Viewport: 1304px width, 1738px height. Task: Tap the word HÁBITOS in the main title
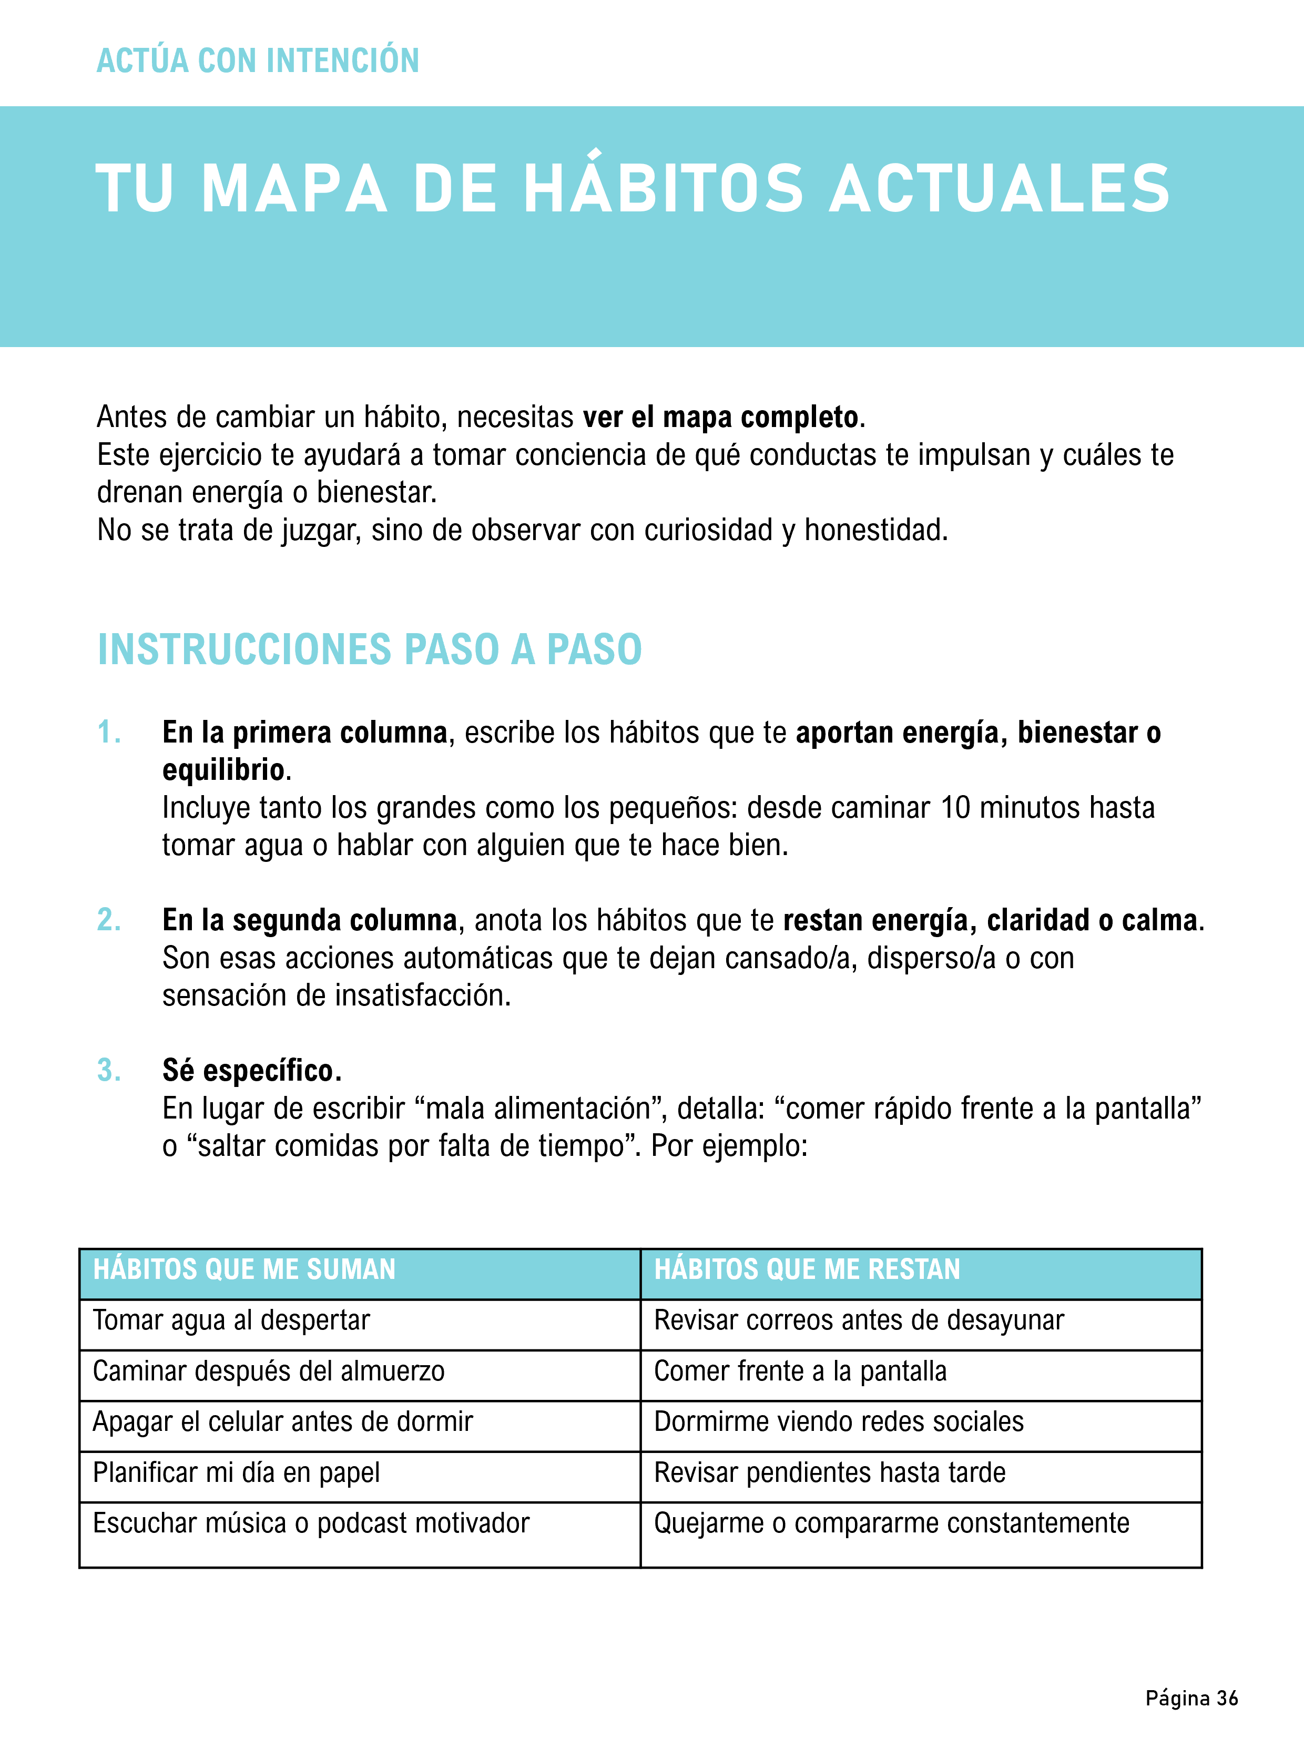(664, 189)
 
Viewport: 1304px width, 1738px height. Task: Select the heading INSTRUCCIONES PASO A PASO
(369, 650)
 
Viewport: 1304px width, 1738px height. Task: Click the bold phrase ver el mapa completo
(720, 417)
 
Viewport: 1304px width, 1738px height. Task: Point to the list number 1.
(109, 733)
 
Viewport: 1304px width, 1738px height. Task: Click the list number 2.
(109, 920)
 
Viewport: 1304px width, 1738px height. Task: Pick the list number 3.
(109, 1070)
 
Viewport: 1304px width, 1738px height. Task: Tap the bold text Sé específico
(251, 1071)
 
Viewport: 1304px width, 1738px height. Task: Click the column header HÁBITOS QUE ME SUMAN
(244, 1270)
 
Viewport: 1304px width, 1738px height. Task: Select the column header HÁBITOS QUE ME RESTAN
(807, 1270)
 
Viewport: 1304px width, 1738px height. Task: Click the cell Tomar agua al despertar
(231, 1321)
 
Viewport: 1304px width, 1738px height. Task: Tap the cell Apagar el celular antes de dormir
(283, 1422)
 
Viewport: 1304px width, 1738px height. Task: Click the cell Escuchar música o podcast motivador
(311, 1523)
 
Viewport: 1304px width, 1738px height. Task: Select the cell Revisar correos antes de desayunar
(859, 1321)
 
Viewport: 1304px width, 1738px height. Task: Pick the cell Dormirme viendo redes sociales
(839, 1422)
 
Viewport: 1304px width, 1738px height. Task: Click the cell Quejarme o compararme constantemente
(892, 1523)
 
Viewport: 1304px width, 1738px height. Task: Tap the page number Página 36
(1191, 1699)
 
